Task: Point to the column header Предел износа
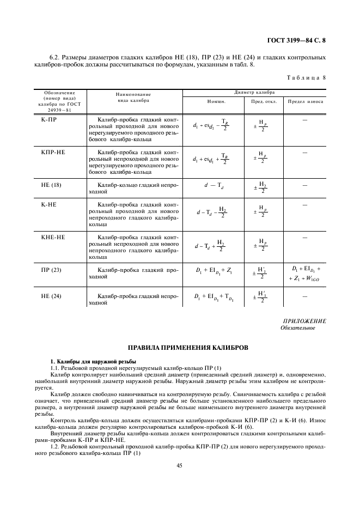click(x=306, y=102)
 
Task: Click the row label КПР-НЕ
click(x=53, y=153)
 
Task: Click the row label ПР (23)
click(x=52, y=270)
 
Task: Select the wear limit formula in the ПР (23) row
click(x=306, y=274)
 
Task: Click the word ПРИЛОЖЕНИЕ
click(x=304, y=321)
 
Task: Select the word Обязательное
click(x=297, y=328)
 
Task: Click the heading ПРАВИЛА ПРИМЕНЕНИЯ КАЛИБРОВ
click(x=180, y=347)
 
